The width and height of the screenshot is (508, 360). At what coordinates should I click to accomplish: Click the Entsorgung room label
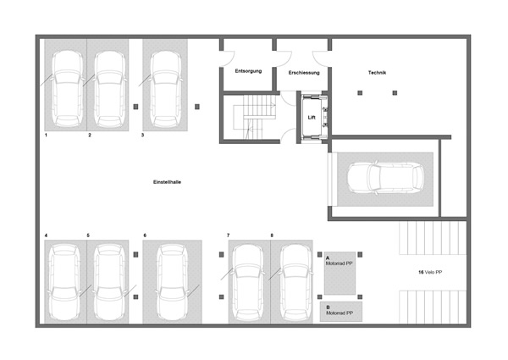(248, 71)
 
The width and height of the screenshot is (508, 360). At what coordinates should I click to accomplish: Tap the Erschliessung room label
(304, 73)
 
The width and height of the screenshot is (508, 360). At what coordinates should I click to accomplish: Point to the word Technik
(377, 73)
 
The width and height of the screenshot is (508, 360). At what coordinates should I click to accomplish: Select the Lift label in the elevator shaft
(312, 117)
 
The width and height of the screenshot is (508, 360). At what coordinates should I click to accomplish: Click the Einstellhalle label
(167, 182)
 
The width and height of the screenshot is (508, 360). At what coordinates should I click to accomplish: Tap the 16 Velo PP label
(430, 272)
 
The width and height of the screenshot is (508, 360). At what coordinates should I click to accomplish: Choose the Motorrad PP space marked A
(340, 273)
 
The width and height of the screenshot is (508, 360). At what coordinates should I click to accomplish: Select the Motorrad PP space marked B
(341, 312)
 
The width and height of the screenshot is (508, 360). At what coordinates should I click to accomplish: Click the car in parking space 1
(68, 88)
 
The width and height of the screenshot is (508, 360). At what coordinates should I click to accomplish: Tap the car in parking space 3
(166, 88)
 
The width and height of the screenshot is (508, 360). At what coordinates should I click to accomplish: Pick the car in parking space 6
(172, 282)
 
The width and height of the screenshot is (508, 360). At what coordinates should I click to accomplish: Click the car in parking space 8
(295, 282)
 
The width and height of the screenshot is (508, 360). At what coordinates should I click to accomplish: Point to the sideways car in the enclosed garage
(385, 178)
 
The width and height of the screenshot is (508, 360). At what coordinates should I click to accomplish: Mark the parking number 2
(90, 136)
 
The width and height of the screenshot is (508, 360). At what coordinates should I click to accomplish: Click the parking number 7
(229, 235)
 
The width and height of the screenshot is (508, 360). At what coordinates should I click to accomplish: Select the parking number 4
(46, 235)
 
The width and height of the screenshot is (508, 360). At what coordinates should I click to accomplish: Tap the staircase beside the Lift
(254, 117)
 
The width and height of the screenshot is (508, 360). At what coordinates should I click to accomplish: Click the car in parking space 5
(108, 282)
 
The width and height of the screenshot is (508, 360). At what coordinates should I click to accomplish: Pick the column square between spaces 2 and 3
(135, 107)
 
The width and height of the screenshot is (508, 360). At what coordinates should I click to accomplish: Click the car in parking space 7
(248, 282)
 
